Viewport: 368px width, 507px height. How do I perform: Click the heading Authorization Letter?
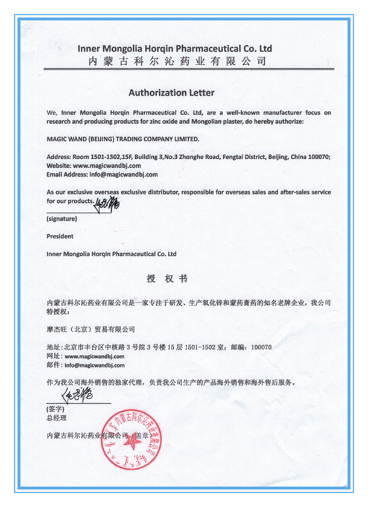click(x=171, y=93)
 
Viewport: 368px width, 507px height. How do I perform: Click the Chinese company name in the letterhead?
click(x=177, y=61)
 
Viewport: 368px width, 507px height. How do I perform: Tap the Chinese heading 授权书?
click(x=167, y=279)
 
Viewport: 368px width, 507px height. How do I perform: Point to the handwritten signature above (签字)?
click(x=78, y=395)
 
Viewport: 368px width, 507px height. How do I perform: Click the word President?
click(x=60, y=237)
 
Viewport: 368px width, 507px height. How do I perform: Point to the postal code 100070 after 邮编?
click(x=261, y=347)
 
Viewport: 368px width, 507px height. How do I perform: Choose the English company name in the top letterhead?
click(x=175, y=48)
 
